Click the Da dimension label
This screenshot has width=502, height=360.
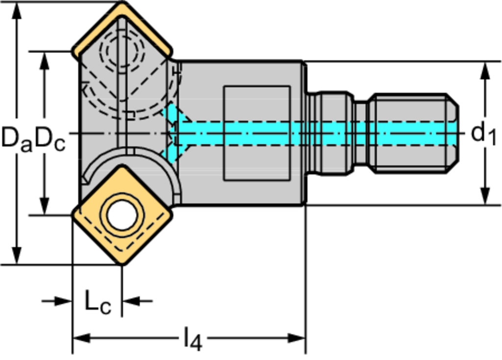[16, 138]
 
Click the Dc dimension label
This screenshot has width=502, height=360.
[50, 138]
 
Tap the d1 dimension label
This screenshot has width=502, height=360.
[483, 134]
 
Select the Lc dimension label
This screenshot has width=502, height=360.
[98, 303]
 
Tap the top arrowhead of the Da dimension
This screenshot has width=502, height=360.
[17, 11]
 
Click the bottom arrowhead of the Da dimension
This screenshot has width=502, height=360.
[17, 256]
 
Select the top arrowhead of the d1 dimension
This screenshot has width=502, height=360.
[485, 71]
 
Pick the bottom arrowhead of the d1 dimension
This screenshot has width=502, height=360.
[485, 196]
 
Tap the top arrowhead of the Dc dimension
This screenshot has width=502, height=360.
[45, 60]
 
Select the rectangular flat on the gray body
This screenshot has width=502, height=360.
[256, 133]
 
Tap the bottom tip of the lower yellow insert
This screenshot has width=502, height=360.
[123, 263]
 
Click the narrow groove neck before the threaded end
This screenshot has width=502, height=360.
[360, 133]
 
